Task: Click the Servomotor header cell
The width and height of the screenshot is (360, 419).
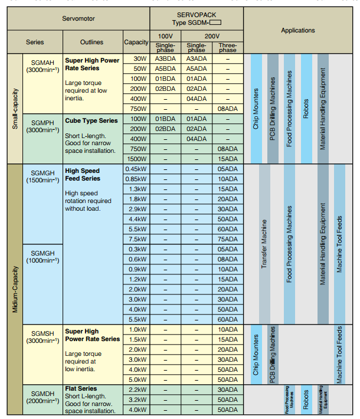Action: [78, 18]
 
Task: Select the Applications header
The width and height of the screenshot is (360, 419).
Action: [297, 31]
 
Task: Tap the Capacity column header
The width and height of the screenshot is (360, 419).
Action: [136, 42]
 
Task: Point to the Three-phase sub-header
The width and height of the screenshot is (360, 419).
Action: [227, 47]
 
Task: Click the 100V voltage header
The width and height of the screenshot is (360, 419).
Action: [165, 37]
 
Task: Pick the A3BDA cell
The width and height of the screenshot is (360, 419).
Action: [165, 59]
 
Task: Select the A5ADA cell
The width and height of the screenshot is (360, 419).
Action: [197, 68]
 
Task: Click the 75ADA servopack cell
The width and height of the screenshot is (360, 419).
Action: [227, 239]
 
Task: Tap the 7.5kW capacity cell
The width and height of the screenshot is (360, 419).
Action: [136, 239]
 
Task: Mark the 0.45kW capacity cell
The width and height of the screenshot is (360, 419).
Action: [136, 169]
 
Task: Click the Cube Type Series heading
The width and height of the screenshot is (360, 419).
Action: [91, 121]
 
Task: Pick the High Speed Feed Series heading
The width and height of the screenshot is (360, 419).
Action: [83, 175]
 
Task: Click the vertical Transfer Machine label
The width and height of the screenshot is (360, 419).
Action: [264, 244]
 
